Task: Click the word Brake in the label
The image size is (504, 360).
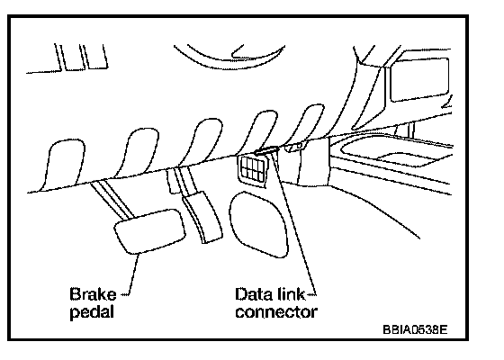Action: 93,294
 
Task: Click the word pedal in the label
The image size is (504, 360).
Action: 92,311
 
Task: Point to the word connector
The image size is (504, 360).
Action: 276,311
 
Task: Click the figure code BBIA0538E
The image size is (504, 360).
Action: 415,329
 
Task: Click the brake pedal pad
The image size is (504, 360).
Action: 149,231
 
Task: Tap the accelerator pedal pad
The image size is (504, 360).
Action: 202,217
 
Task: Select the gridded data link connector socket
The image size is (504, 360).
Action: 253,169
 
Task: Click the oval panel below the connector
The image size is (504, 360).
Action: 258,224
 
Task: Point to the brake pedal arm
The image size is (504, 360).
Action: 112,200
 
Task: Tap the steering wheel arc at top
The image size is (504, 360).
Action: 229,60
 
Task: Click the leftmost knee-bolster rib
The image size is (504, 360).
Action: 64,165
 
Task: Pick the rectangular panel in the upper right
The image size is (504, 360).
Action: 419,79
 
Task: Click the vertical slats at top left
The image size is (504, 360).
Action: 81,58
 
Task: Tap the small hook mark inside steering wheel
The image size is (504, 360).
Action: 238,52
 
